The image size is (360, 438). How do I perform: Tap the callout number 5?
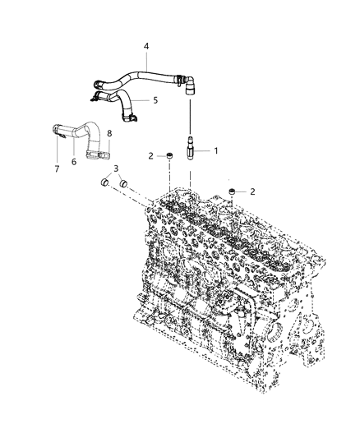tap(155, 100)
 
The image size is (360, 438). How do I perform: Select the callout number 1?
tap(216, 151)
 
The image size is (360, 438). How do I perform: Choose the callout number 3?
tap(116, 169)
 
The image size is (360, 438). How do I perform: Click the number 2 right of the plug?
tap(252, 191)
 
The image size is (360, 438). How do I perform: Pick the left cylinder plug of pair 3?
tap(107, 181)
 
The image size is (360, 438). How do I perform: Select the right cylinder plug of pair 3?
tap(124, 186)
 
